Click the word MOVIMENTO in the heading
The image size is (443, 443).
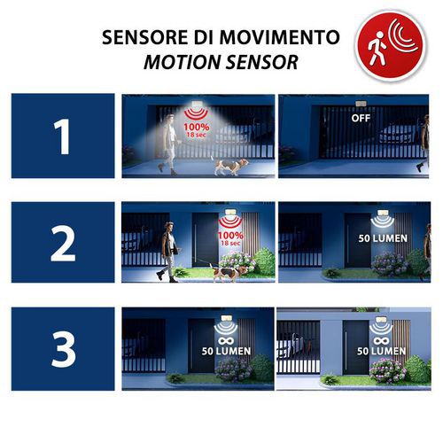[x=279, y=37]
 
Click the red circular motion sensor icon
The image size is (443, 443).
[x=391, y=46]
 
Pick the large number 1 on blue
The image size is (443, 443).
[x=62, y=136]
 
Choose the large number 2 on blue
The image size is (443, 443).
[x=63, y=245]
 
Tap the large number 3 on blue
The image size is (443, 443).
[x=63, y=349]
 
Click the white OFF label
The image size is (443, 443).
[x=361, y=118]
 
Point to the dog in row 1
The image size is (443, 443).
[x=230, y=167]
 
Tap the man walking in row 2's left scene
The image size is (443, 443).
[x=168, y=252]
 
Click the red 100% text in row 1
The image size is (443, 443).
[x=197, y=127]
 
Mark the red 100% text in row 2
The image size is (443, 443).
[x=230, y=236]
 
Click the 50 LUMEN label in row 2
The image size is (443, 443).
[x=383, y=238]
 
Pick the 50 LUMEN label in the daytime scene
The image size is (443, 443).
[x=381, y=351]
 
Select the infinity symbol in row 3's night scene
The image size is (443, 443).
[x=226, y=341]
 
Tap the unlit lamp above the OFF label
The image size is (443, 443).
[x=361, y=104]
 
